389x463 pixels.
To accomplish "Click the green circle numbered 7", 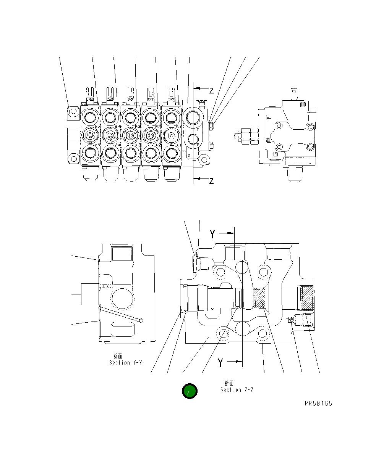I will pos(190,391).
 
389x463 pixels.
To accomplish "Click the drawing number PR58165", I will pos(318,404).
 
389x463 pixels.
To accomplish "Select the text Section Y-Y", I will pos(125,363).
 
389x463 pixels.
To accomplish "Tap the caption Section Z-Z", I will pos(237,390).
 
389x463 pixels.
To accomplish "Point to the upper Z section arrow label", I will pos(211,91).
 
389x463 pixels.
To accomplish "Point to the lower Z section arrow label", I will pos(211,181).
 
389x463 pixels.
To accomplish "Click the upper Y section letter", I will pos(212,234).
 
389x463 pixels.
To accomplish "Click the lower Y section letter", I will pos(220,363).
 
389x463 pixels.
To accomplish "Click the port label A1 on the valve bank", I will pos(178,145).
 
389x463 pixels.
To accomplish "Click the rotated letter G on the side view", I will pos(275,154).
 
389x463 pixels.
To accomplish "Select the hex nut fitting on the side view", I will pos(245,135).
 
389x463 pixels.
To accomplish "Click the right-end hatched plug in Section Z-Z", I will pos(307,297).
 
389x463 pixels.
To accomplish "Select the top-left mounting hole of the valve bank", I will pos(73,111).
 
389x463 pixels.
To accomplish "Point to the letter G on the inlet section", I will pos(189,155).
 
